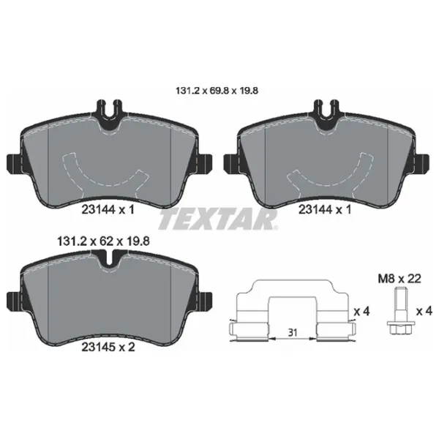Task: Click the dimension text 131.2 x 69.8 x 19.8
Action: (x=217, y=91)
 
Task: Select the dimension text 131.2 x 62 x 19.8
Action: (x=103, y=241)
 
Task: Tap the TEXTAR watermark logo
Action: (x=218, y=221)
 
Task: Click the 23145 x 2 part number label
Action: (x=108, y=347)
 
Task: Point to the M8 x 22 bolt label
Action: (x=399, y=279)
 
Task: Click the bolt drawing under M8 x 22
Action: (x=399, y=312)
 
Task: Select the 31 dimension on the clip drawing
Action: (x=293, y=333)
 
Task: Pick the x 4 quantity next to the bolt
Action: (x=424, y=312)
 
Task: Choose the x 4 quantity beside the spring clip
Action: (x=361, y=312)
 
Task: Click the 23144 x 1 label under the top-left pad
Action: (x=108, y=209)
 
